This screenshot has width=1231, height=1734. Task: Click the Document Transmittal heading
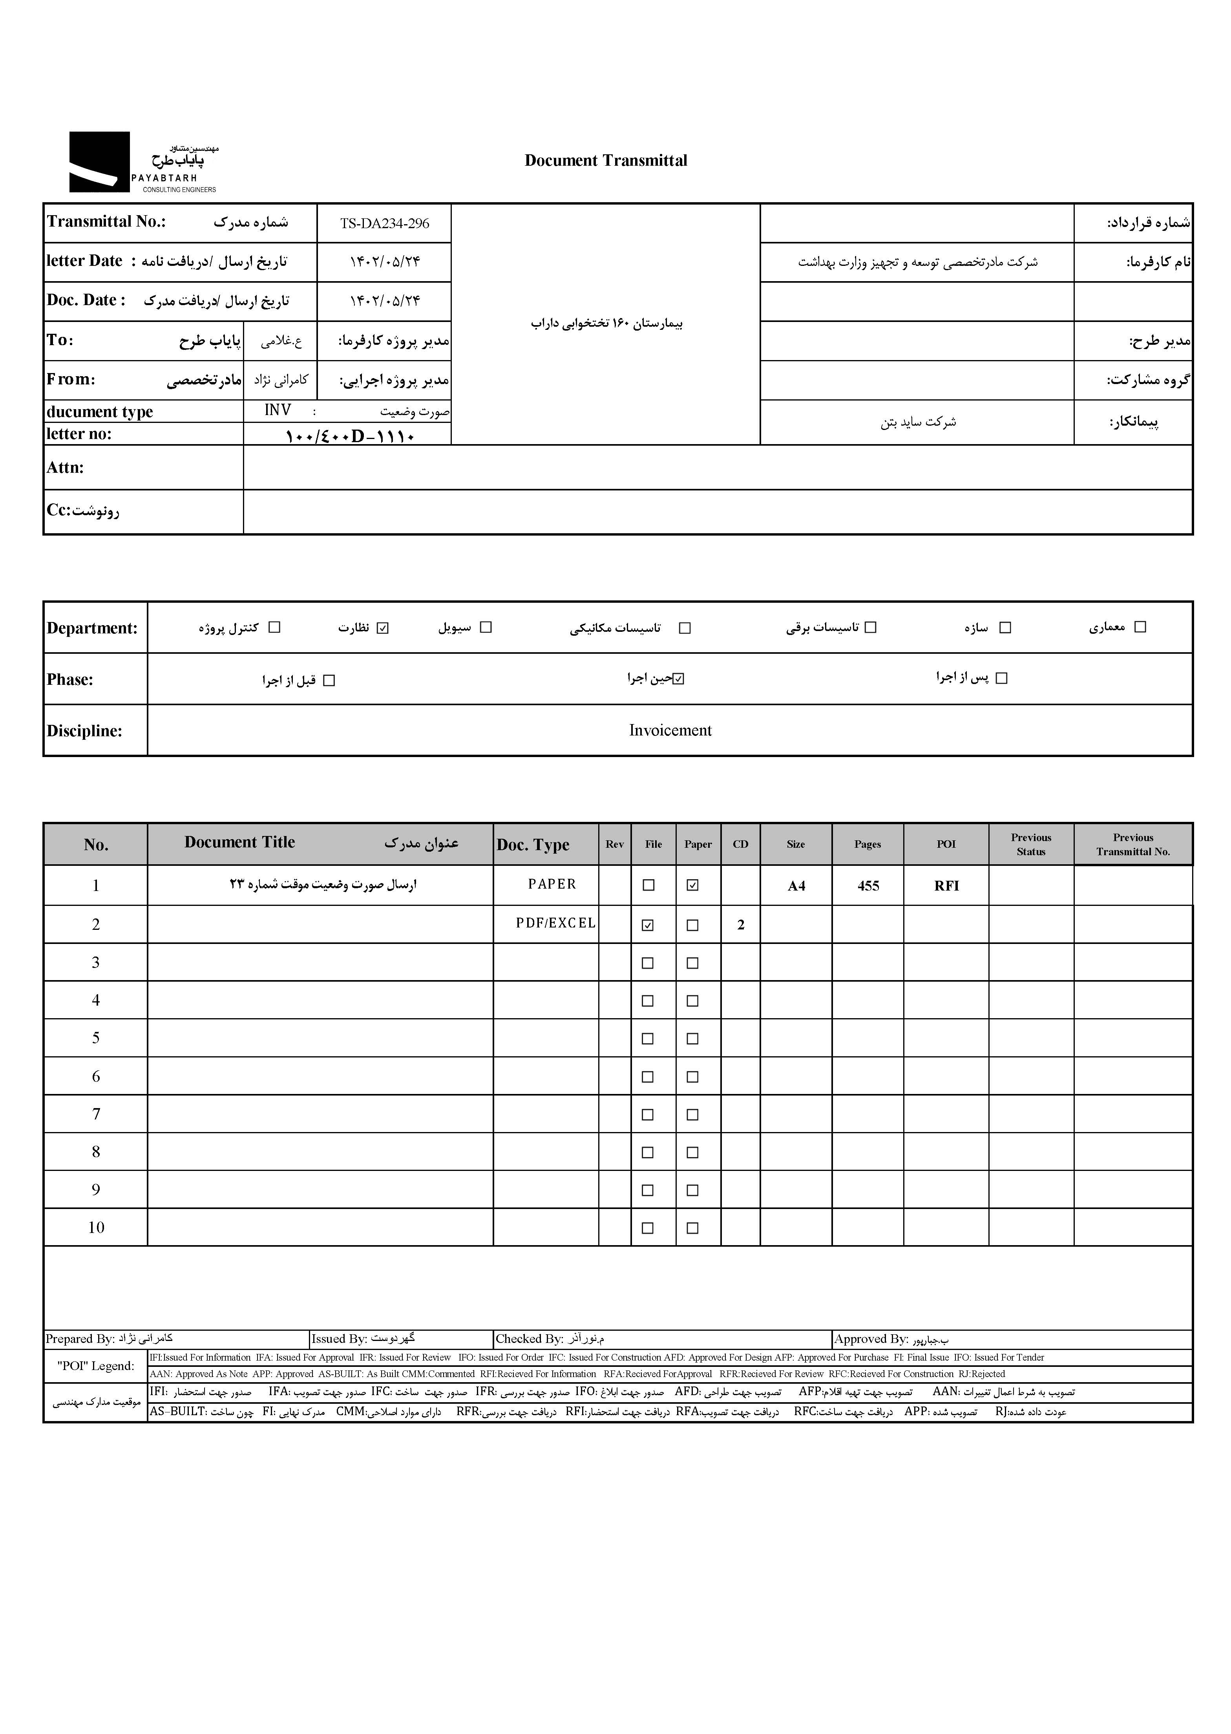[606, 161]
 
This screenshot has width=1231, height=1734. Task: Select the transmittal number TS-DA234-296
[384, 224]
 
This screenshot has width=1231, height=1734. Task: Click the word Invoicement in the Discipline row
[670, 730]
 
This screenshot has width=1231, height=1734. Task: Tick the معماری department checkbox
[1140, 627]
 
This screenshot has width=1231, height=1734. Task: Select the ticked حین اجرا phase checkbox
[678, 679]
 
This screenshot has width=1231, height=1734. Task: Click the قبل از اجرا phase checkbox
[329, 681]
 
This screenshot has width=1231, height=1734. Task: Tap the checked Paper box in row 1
[692, 885]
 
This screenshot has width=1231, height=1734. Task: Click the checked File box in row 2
[648, 925]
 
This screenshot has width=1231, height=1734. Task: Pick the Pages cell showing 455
[868, 885]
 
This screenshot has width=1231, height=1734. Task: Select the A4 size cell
[796, 885]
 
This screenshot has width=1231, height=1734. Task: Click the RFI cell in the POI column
[946, 885]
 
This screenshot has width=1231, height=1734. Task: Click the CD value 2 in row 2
[741, 925]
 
